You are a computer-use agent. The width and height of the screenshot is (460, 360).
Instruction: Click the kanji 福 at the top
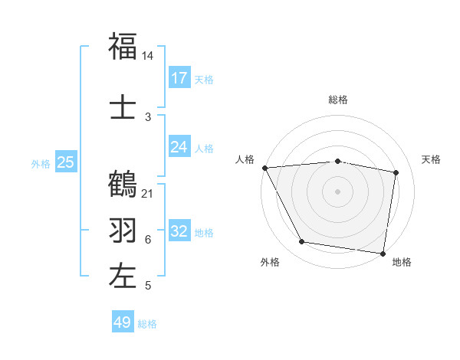123,47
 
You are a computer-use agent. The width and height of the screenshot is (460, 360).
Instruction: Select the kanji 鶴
123,184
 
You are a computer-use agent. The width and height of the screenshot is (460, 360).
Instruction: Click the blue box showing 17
179,78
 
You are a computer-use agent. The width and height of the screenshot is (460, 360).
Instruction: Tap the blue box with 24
179,147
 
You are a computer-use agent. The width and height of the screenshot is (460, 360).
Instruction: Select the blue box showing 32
179,231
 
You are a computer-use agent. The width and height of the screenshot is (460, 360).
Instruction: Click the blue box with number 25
65,162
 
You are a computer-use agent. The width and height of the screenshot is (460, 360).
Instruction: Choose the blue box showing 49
123,322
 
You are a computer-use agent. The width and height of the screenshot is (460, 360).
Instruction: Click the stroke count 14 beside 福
148,57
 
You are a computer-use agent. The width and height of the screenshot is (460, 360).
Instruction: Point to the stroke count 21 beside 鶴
148,193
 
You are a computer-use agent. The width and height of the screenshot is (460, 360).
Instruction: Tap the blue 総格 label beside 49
147,324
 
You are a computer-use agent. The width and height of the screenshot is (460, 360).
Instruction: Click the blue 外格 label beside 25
41,163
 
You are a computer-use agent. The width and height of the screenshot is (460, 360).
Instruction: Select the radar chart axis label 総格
337,100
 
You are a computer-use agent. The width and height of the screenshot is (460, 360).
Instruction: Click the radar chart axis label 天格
431,159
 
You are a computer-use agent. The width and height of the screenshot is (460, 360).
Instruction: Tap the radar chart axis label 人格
245,159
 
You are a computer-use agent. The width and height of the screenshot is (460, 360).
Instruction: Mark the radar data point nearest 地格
383,253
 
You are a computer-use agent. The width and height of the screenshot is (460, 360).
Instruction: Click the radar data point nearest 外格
302,243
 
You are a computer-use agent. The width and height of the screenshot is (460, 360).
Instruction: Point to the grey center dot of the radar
337,191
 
